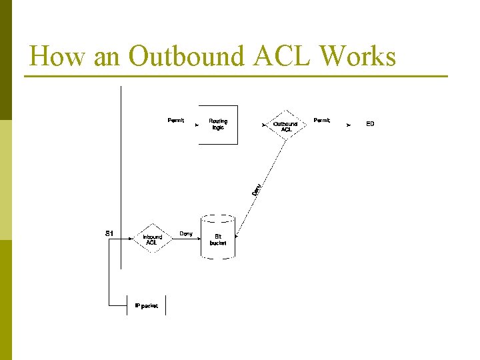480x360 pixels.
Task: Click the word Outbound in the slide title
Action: pyautogui.click(x=187, y=57)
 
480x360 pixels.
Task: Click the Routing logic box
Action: pyautogui.click(x=218, y=124)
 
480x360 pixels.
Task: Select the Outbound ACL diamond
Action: pyautogui.click(x=285, y=125)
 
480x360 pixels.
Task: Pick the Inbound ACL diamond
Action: pyautogui.click(x=152, y=239)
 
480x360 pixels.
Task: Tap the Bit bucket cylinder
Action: pyautogui.click(x=218, y=238)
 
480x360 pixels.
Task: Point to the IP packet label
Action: pyautogui.click(x=147, y=305)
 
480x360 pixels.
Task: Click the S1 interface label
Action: pyautogui.click(x=110, y=233)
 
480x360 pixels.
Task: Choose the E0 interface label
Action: pyautogui.click(x=370, y=124)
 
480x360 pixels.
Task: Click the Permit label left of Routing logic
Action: pyautogui.click(x=176, y=121)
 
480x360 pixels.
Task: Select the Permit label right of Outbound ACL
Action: pyautogui.click(x=322, y=121)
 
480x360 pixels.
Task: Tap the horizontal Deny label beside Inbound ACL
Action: pyautogui.click(x=186, y=234)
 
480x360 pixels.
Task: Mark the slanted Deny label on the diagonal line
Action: pyautogui.click(x=257, y=189)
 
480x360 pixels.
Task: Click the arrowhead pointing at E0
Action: pyautogui.click(x=349, y=125)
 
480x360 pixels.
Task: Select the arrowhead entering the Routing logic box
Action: pyautogui.click(x=197, y=125)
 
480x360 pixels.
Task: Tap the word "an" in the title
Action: pyautogui.click(x=107, y=57)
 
